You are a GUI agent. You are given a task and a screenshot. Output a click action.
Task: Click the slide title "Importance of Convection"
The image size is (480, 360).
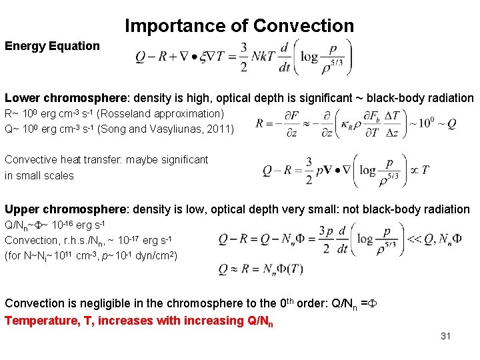[x=239, y=26]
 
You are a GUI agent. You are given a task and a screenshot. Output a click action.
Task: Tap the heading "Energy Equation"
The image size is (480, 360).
[x=52, y=46]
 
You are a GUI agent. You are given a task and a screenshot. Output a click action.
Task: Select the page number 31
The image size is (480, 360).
[x=445, y=336]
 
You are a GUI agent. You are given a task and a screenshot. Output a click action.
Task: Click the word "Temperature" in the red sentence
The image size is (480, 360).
[x=40, y=321]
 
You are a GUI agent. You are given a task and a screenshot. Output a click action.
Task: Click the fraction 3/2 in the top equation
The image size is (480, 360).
[x=244, y=57]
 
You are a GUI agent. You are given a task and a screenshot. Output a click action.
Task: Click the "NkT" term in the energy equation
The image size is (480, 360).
[x=265, y=57]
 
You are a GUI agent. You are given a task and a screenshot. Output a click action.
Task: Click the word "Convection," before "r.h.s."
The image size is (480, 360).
[x=31, y=240]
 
